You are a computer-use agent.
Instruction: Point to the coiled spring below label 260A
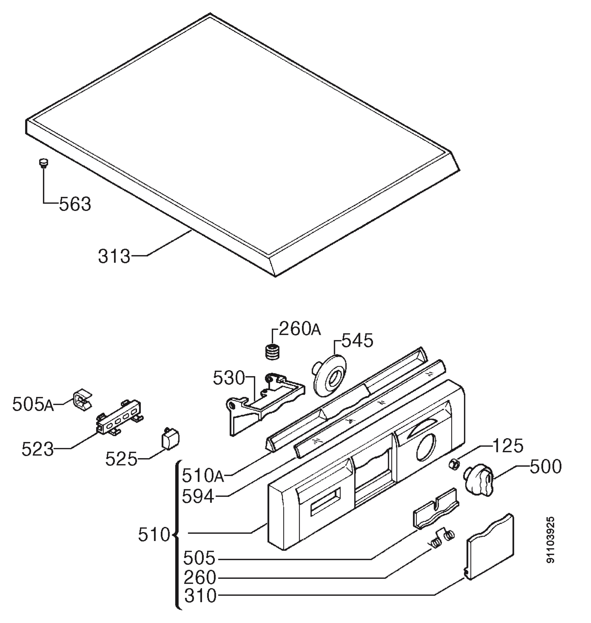pos(272,353)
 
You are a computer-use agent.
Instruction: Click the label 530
pos(229,378)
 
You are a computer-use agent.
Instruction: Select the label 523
pos(37,449)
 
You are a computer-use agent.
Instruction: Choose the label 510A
pos(202,476)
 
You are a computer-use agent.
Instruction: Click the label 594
pos(198,497)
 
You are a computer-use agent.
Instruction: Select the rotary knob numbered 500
pos(478,481)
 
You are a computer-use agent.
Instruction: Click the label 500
pos(546,467)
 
